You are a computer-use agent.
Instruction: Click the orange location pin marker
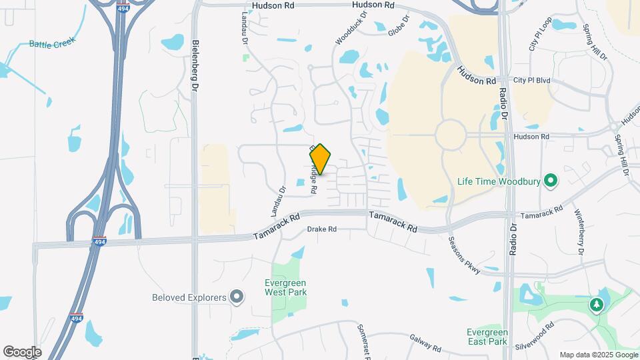click(x=321, y=159)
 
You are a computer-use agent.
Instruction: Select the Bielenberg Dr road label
click(x=195, y=65)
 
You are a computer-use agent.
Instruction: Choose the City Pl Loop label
click(x=540, y=35)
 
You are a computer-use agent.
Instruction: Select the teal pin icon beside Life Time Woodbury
click(x=551, y=181)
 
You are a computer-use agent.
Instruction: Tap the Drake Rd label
click(x=322, y=229)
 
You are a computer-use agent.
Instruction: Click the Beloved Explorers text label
click(x=190, y=297)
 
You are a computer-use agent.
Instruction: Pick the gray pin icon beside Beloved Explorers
click(x=237, y=297)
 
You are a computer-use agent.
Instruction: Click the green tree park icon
click(x=597, y=305)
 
